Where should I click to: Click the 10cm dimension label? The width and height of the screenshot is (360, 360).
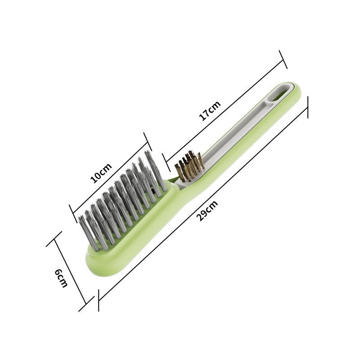pyautogui.click(x=100, y=173)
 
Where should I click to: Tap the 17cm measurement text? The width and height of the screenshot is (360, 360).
pyautogui.click(x=210, y=111)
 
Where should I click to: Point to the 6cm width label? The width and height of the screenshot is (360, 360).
pyautogui.click(x=61, y=278)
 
